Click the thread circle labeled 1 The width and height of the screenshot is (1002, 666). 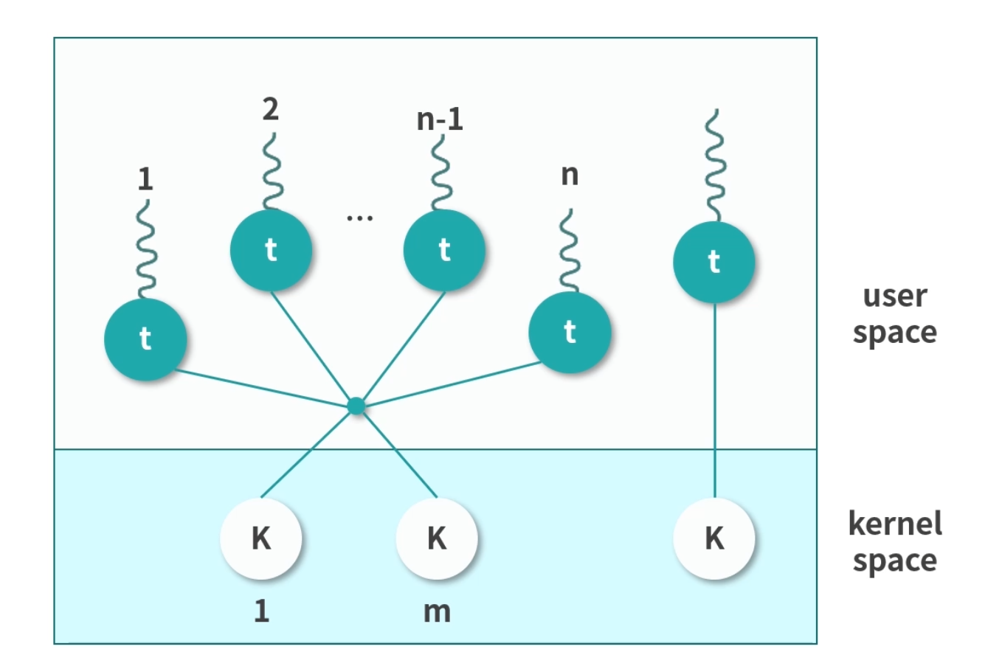pyautogui.click(x=145, y=339)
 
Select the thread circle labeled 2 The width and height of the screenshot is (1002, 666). pyautogui.click(x=271, y=250)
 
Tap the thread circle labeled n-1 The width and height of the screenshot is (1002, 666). pyautogui.click(x=444, y=250)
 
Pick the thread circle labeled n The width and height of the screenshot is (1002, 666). pyautogui.click(x=570, y=332)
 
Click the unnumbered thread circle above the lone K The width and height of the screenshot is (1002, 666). pyautogui.click(x=714, y=262)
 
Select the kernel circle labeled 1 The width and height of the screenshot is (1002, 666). pyautogui.click(x=261, y=538)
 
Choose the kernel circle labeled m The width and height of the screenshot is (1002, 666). pyautogui.click(x=437, y=538)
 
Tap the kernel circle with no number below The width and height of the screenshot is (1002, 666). pyautogui.click(x=714, y=538)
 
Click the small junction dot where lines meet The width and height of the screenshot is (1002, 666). pyautogui.click(x=356, y=406)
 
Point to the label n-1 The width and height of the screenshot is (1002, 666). pyautogui.click(x=440, y=119)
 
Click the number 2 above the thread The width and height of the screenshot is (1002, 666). pyautogui.click(x=271, y=109)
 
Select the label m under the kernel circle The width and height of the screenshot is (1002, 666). pyautogui.click(x=437, y=611)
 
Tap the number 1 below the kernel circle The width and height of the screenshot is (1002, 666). pyautogui.click(x=261, y=611)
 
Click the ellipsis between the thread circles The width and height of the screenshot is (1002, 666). pyautogui.click(x=359, y=218)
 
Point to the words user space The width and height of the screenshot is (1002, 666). pyautogui.click(x=895, y=313)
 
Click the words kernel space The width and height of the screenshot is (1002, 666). pyautogui.click(x=895, y=542)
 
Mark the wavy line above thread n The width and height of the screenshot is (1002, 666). pyautogui.click(x=568, y=251)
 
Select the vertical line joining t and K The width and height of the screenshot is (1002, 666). pyautogui.click(x=714, y=398)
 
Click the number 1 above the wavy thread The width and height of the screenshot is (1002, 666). pyautogui.click(x=145, y=178)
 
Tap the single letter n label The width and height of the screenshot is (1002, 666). pyautogui.click(x=570, y=176)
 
